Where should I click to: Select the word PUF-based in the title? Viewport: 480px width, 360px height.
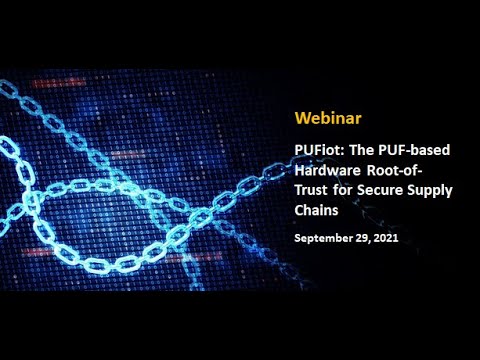pyautogui.click(x=413, y=149)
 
